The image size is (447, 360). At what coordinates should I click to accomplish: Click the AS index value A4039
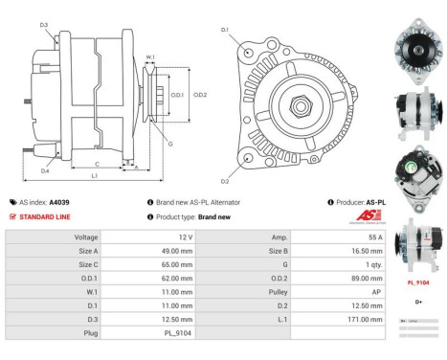click(x=59, y=203)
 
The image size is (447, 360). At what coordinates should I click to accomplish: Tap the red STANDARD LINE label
click(x=44, y=216)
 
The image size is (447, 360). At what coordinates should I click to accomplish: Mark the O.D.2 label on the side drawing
click(x=200, y=94)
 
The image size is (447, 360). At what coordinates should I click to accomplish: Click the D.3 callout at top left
click(x=44, y=24)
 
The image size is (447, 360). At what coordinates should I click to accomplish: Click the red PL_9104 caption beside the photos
click(x=418, y=283)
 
